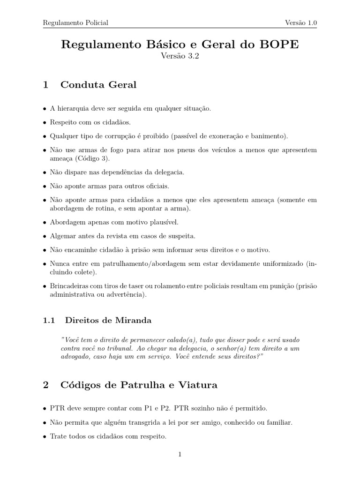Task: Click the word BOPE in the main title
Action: pos(277,45)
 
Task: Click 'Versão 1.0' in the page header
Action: pos(301,22)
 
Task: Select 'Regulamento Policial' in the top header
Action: pos(75,22)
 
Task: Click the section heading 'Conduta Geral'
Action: pos(98,85)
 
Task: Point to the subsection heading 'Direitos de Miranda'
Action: pos(108,321)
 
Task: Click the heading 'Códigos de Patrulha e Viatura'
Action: pos(139,385)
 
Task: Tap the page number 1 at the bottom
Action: pos(180,454)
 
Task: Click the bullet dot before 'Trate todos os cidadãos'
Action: pos(45,436)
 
